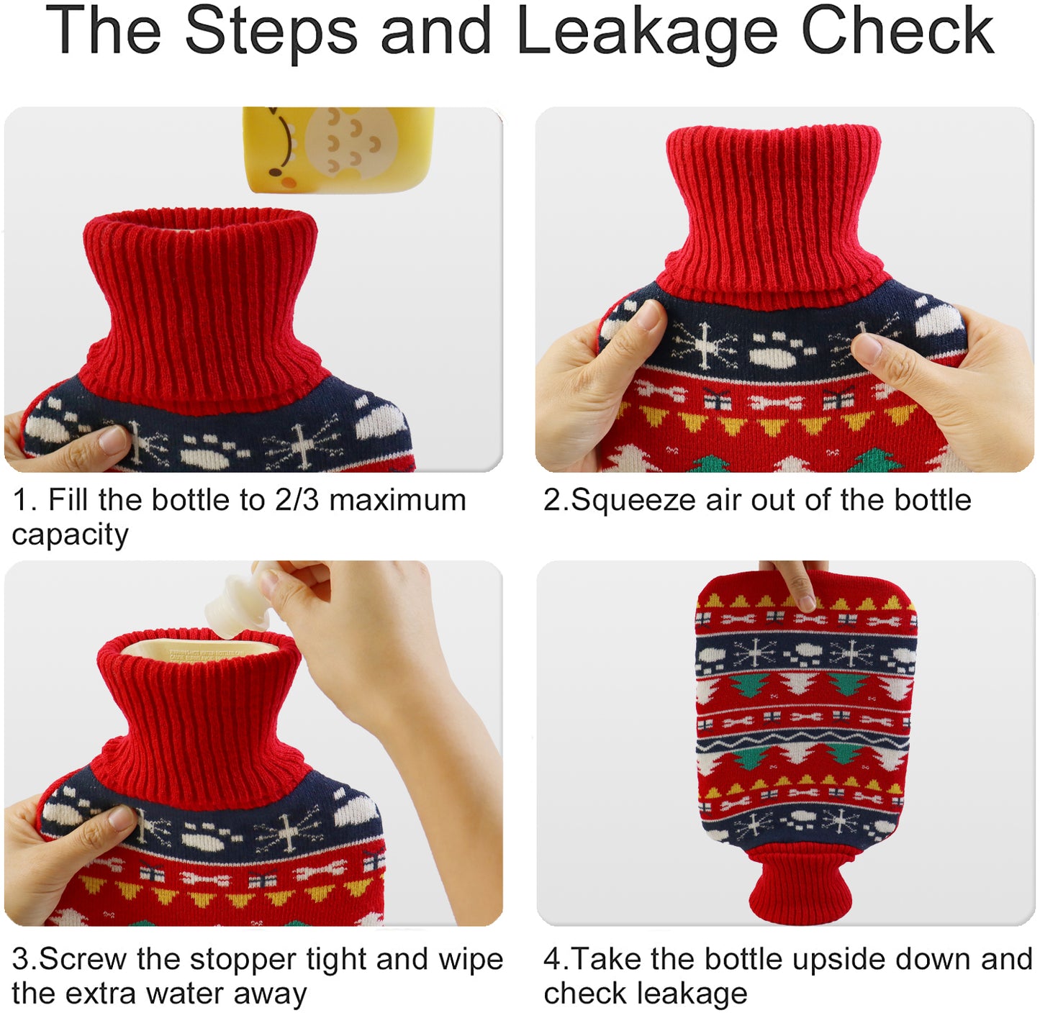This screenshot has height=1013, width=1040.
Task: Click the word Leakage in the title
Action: pyautogui.click(x=647, y=32)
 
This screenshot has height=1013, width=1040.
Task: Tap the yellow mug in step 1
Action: pyautogui.click(x=338, y=148)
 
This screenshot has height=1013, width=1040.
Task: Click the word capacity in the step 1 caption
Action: pyautogui.click(x=70, y=535)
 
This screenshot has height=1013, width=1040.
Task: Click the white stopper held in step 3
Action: pyautogui.click(x=238, y=605)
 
